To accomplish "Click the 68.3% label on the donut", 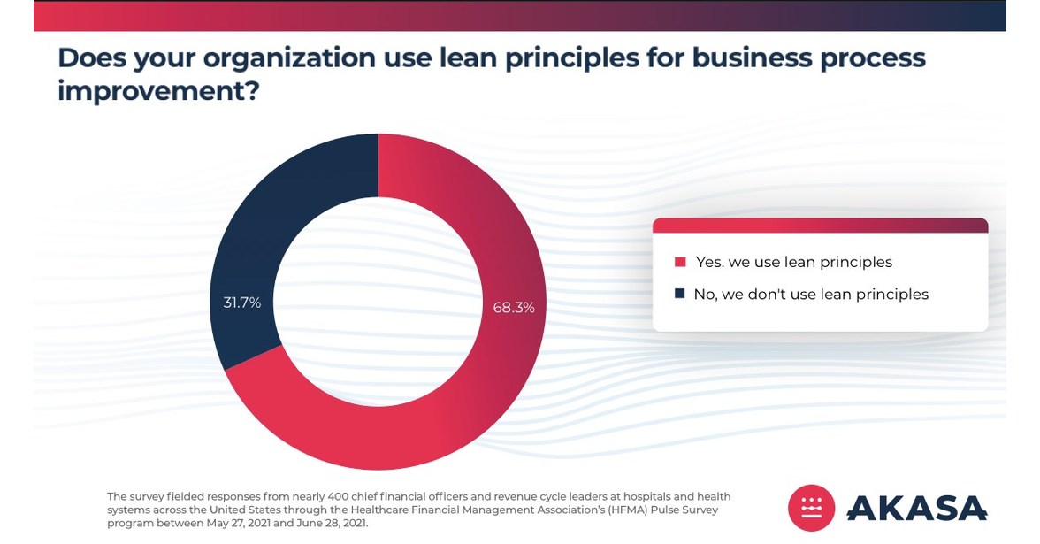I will (513, 308).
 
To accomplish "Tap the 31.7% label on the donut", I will (241, 303).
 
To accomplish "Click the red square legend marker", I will (680, 262).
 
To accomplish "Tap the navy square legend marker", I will (680, 294).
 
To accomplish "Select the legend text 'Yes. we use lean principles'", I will (794, 262).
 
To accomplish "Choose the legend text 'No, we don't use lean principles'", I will (811, 294).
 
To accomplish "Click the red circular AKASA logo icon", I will (812, 508).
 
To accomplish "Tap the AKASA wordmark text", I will (916, 508).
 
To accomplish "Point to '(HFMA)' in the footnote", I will (589, 510).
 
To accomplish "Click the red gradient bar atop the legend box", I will (820, 226).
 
